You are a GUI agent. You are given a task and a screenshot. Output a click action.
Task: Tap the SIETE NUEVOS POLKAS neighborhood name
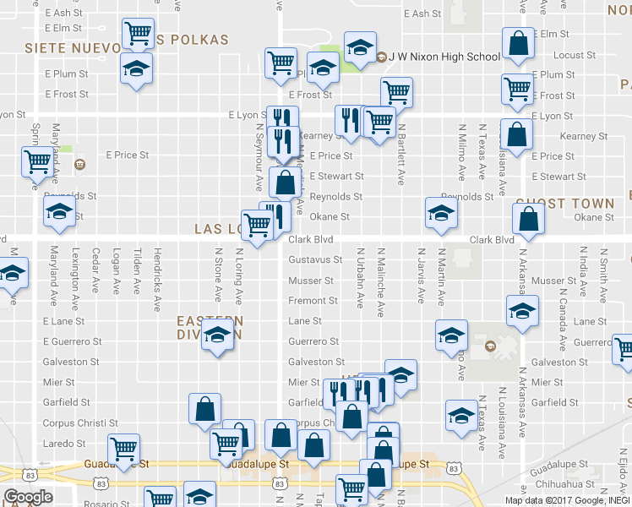[127, 41]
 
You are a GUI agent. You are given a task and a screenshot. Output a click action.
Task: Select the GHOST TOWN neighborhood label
[564, 204]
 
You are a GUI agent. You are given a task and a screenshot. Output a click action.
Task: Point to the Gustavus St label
[315, 260]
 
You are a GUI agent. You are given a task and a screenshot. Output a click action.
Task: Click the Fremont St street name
[313, 301]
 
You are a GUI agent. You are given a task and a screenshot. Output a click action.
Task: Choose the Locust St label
[574, 55]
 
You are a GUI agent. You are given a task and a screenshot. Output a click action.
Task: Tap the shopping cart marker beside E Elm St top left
[138, 34]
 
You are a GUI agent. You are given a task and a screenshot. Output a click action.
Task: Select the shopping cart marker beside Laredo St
[125, 448]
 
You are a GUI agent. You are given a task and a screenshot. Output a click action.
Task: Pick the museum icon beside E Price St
[79, 163]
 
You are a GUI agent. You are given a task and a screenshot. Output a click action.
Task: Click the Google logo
[27, 497]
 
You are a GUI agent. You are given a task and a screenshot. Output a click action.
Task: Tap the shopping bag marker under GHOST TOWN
[528, 220]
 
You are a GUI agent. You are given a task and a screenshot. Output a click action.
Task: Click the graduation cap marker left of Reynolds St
[60, 212]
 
